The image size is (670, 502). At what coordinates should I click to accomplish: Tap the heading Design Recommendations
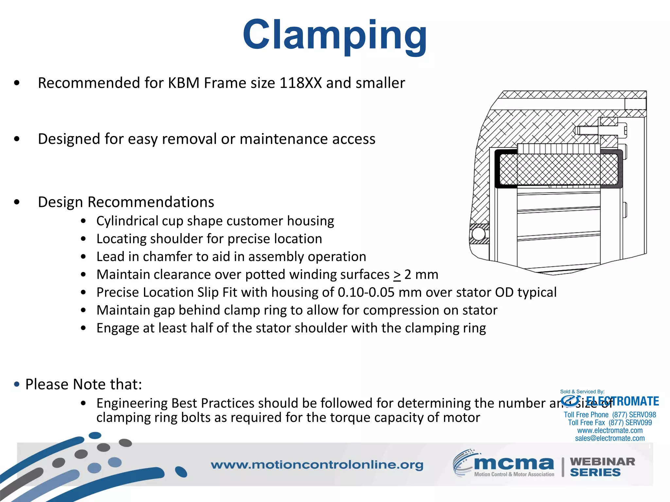tap(126, 202)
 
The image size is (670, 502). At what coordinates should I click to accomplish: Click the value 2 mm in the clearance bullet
tap(421, 275)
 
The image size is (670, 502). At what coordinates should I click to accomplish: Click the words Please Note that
tap(84, 384)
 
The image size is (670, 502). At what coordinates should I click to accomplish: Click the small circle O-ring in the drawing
tap(478, 234)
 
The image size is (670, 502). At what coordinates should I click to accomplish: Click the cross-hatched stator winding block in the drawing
tap(558, 169)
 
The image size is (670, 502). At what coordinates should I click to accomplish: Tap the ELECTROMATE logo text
tap(622, 401)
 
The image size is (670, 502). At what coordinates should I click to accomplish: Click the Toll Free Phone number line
tap(610, 415)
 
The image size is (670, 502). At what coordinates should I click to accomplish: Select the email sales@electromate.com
tap(610, 439)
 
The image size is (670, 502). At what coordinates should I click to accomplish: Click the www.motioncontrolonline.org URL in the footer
tap(317, 465)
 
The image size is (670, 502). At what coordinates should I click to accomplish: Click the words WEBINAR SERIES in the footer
tap(602, 467)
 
